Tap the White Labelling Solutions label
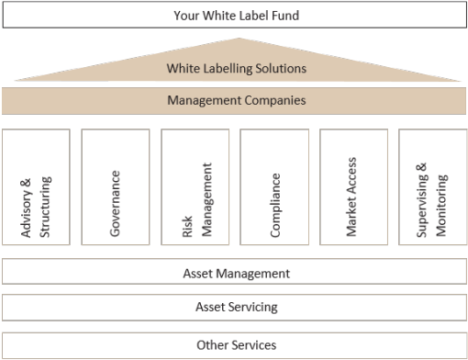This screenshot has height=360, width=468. click(x=236, y=69)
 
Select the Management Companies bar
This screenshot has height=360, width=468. click(x=236, y=99)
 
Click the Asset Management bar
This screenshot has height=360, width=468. click(x=236, y=273)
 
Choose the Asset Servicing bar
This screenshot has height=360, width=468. click(x=236, y=307)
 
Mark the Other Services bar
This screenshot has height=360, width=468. click(x=236, y=344)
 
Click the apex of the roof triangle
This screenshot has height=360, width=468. click(x=237, y=39)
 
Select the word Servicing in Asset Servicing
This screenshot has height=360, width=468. click(x=253, y=307)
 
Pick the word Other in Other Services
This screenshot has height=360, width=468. click(x=212, y=344)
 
